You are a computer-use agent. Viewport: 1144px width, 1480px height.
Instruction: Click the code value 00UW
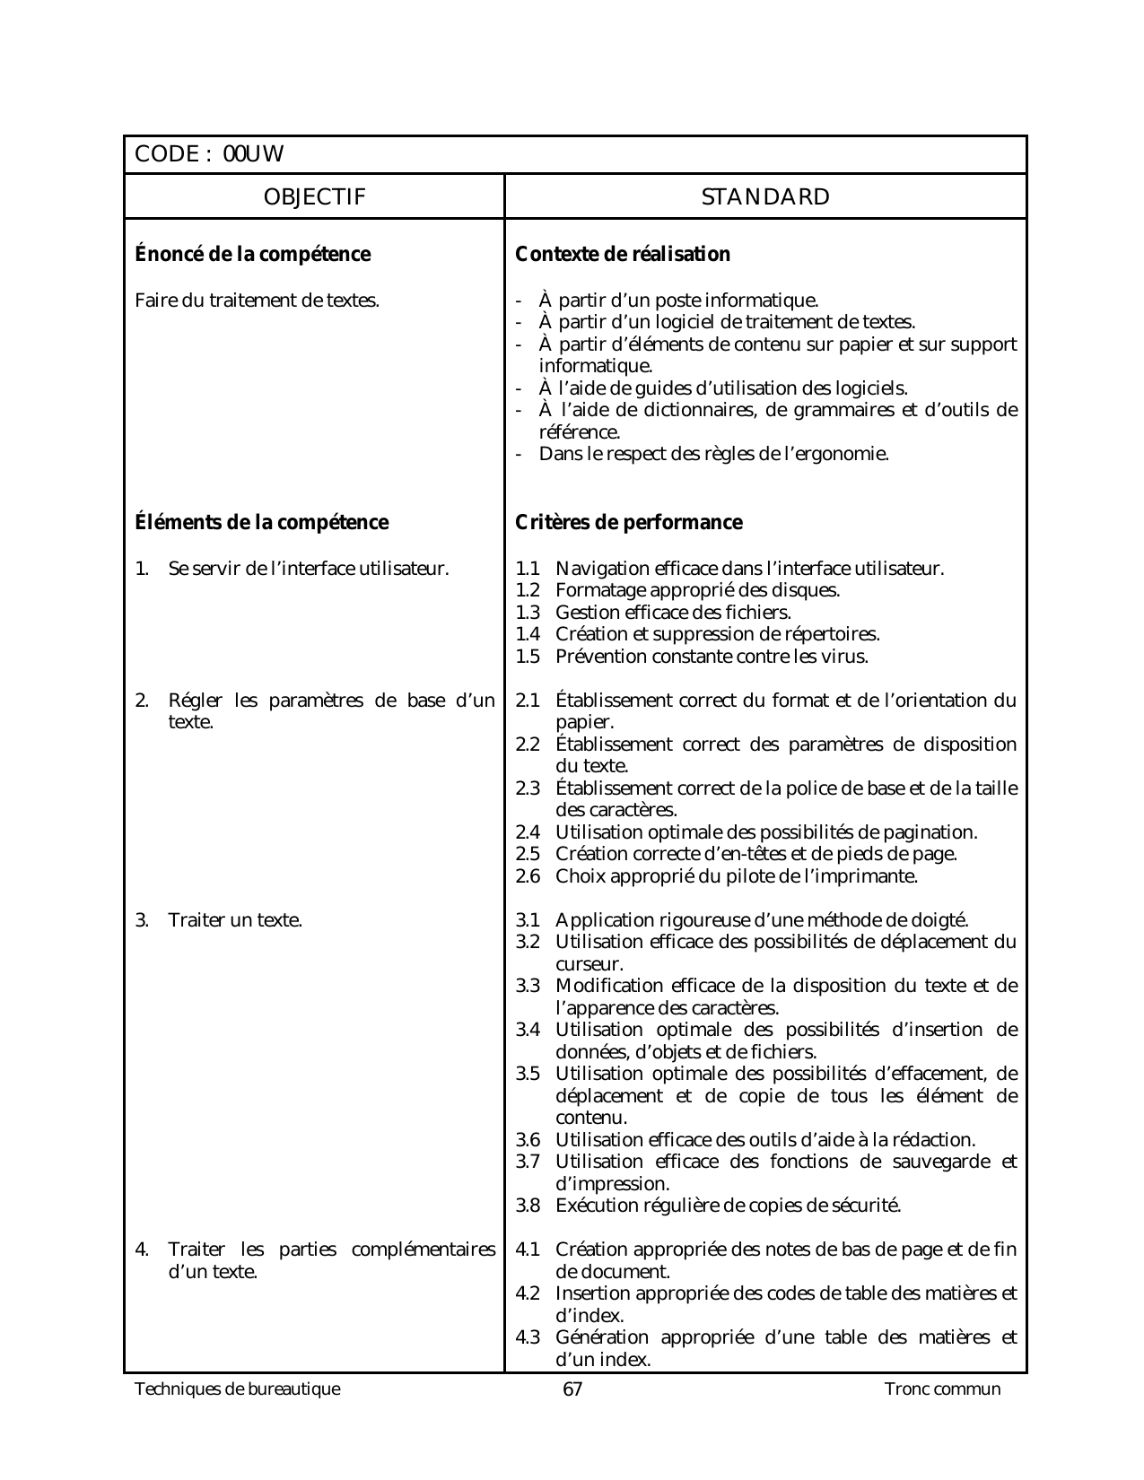tap(253, 154)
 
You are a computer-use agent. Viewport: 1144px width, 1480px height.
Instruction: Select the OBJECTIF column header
tap(314, 197)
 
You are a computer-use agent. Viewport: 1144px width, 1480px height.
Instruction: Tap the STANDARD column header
tap(765, 197)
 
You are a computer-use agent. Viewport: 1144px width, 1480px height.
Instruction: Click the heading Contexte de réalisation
tap(623, 255)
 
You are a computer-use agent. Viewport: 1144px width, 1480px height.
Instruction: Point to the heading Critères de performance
tap(629, 523)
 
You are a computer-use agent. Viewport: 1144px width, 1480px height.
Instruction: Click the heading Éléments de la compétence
tap(262, 523)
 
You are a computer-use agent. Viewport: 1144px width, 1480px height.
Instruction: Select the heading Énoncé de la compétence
tap(252, 255)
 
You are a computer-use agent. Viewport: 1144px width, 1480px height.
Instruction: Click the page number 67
tap(572, 1389)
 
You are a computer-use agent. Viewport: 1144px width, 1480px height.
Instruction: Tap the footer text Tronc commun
tap(942, 1389)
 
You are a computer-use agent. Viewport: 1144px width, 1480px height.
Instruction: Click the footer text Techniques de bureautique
tap(238, 1389)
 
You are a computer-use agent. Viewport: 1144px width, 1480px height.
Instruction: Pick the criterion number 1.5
tap(528, 657)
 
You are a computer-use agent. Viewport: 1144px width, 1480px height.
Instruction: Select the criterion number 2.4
tap(528, 832)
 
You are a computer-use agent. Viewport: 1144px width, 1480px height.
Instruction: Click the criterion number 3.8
tap(528, 1206)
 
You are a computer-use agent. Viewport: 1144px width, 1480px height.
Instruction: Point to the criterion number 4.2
tap(528, 1293)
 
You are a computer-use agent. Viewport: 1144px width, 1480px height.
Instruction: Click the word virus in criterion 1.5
tap(848, 657)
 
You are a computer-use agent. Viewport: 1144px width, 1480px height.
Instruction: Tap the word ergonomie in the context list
tap(842, 454)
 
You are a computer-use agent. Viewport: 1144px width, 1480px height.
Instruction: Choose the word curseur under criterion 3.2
tap(589, 965)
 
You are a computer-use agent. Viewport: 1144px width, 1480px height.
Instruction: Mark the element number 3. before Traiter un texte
tap(142, 920)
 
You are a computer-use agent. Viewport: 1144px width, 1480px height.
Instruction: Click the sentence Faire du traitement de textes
tap(257, 300)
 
